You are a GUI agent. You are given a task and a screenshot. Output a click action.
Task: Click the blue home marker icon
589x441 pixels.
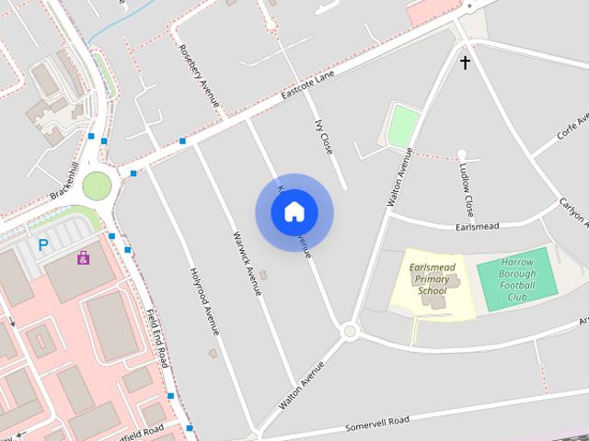tap(294, 212)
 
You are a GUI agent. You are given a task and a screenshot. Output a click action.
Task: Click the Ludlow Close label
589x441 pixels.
tap(468, 187)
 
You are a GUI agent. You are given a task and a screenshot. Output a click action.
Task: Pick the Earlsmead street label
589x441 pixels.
tap(477, 225)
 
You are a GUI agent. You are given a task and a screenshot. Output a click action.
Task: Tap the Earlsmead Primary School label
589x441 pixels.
tap(432, 278)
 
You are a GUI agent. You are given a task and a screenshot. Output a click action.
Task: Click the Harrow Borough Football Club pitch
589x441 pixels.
tap(517, 279)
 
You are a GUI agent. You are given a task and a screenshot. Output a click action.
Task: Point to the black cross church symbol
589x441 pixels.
tap(465, 62)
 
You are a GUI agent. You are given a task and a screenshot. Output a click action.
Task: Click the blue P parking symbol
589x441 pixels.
tap(42, 245)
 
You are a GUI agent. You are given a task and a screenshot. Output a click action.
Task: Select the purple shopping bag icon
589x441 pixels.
tap(84, 258)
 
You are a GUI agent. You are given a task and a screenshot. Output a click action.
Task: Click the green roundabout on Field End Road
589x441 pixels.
tap(97, 186)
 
